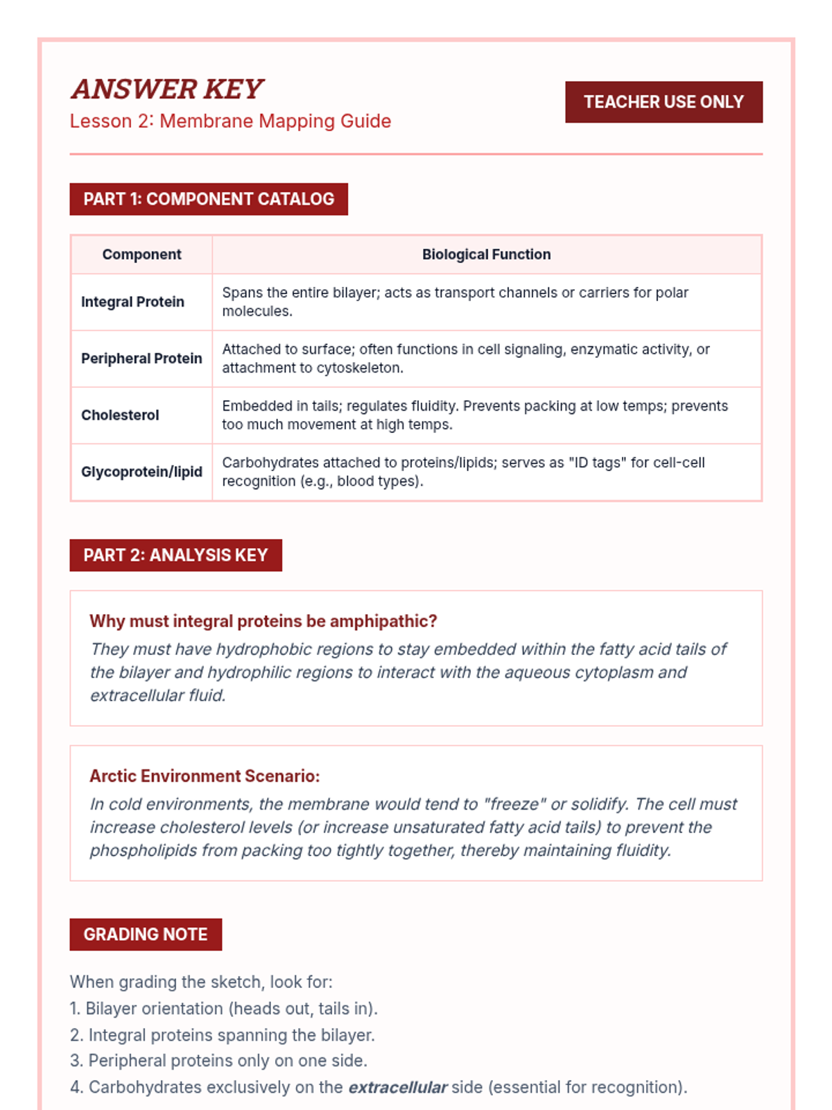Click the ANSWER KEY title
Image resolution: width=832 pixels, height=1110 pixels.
(x=167, y=89)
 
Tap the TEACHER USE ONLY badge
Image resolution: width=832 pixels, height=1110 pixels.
(x=664, y=102)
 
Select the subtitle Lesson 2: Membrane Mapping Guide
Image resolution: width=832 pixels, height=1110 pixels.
(x=230, y=121)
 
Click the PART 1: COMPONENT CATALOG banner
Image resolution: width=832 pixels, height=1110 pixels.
(x=209, y=199)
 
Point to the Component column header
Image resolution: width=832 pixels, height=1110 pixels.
(x=141, y=255)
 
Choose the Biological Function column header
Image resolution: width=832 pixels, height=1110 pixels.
(x=486, y=255)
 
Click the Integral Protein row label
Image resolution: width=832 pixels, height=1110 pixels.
(x=132, y=302)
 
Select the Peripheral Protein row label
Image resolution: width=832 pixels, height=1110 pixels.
(x=141, y=359)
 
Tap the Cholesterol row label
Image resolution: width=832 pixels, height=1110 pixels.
(x=120, y=416)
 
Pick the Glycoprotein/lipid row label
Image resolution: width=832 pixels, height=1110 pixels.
(x=141, y=472)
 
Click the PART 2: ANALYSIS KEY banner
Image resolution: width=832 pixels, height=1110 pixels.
(x=175, y=555)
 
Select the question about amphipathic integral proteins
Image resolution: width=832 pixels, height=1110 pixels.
(x=263, y=621)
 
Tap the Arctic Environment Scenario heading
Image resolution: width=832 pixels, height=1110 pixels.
(x=205, y=776)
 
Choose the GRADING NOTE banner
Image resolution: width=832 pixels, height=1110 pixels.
(x=146, y=934)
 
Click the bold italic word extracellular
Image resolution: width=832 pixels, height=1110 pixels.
(x=397, y=1088)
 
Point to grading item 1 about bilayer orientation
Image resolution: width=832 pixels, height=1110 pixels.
(x=223, y=1009)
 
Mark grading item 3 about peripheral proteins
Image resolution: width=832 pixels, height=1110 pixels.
(x=218, y=1061)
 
